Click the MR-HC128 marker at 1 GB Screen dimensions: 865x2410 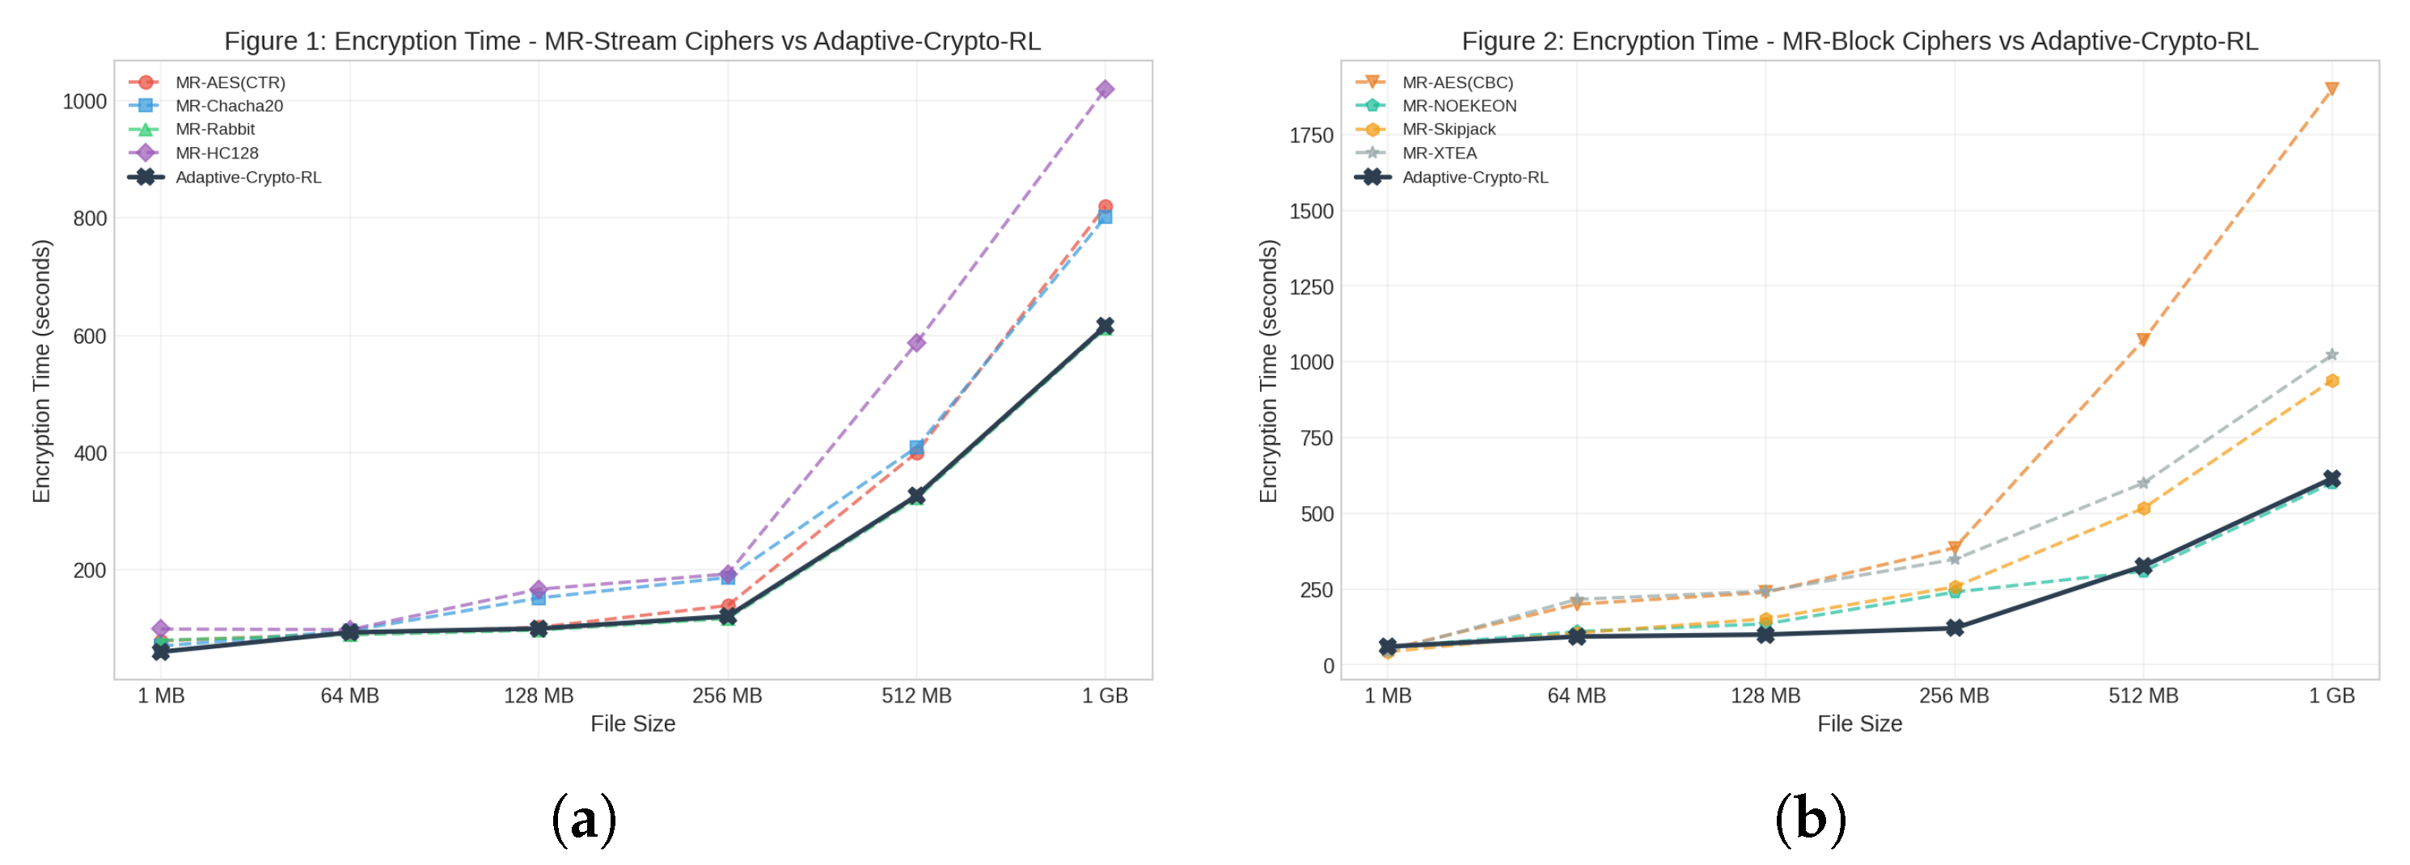(1105, 90)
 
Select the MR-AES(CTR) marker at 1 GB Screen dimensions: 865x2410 (1105, 207)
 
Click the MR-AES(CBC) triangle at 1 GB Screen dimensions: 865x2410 (2332, 89)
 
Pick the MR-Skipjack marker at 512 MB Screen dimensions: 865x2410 (2143, 508)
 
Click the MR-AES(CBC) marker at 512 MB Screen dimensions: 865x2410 (2143, 340)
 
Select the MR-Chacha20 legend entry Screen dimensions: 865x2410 (228, 106)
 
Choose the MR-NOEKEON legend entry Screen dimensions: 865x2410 (1459, 106)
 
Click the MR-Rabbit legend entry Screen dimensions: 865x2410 (214, 129)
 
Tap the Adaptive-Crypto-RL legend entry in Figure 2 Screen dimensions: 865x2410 (1474, 178)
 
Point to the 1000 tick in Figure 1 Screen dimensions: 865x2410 (84, 101)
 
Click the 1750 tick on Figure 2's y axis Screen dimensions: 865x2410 (1311, 136)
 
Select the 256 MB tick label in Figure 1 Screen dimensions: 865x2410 (727, 696)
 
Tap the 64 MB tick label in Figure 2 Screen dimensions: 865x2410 (1576, 696)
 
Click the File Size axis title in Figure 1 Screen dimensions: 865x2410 (632, 724)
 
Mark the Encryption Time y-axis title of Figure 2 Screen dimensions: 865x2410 (1268, 371)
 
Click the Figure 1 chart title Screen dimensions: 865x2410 (632, 41)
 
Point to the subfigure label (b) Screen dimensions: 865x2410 (1809, 819)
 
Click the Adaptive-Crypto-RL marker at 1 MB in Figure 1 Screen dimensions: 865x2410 (161, 652)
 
